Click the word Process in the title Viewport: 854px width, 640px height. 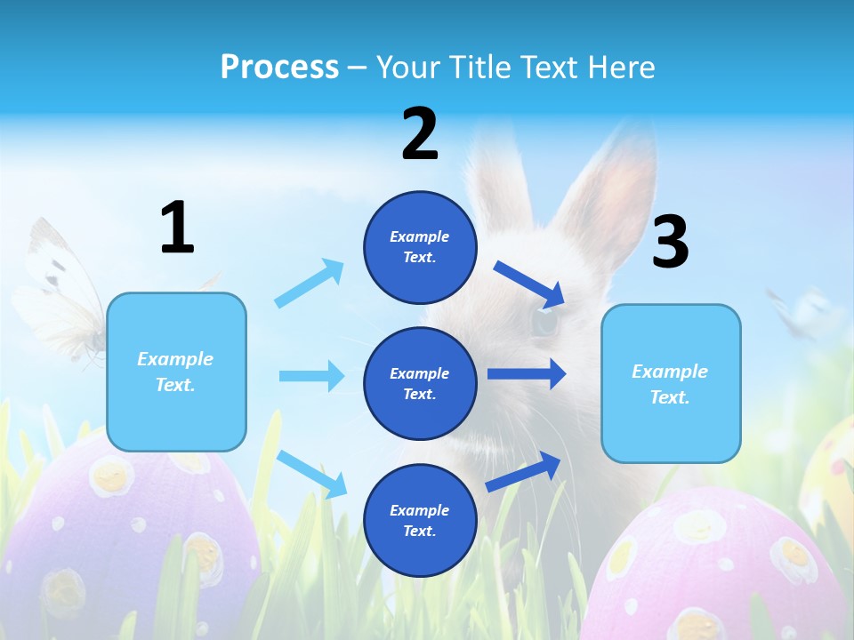(279, 68)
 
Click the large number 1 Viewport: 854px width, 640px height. (177, 228)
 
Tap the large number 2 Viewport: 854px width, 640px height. (420, 134)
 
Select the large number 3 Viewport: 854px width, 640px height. (670, 243)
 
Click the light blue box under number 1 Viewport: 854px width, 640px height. (176, 372)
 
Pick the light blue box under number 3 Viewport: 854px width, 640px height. (671, 383)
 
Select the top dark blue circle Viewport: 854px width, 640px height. (420, 247)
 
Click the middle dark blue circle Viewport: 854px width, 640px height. (420, 383)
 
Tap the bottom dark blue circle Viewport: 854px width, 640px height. (420, 520)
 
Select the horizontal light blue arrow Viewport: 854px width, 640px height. (311, 376)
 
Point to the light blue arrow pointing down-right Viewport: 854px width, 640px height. (311, 474)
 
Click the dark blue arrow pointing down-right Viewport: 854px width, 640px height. (529, 284)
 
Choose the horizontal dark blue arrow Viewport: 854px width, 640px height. (527, 373)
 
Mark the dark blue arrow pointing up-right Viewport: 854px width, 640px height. (523, 471)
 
